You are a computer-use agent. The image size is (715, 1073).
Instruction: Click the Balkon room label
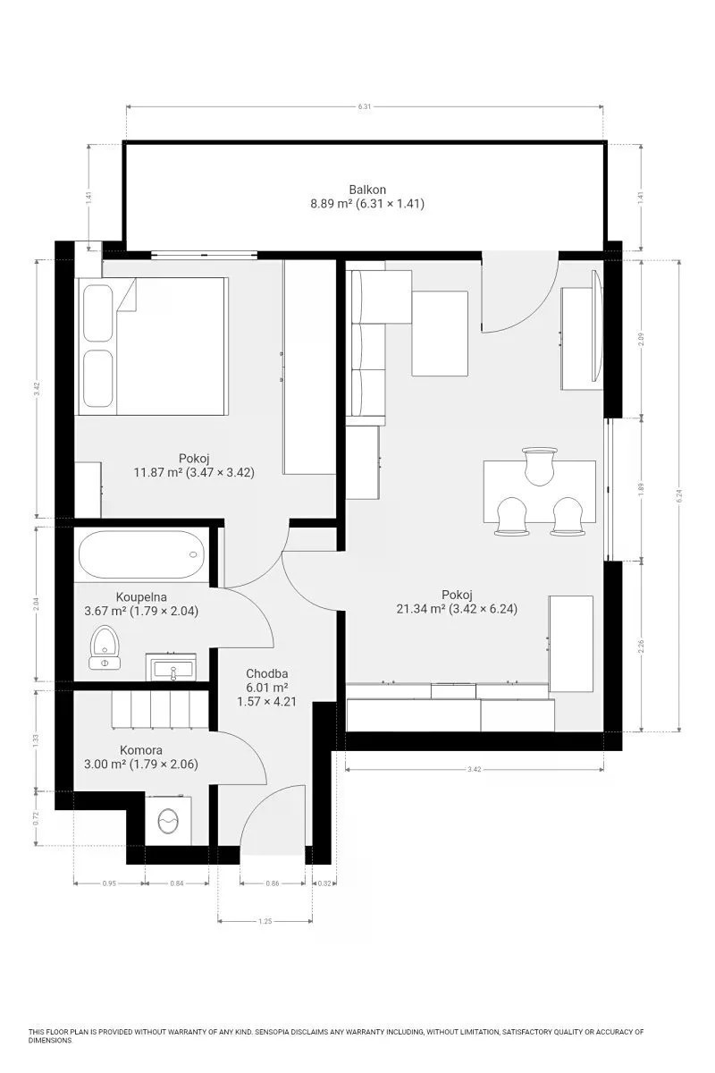367,190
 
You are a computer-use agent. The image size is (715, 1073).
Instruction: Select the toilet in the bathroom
105,647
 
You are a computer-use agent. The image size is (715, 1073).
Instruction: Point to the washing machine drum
168,822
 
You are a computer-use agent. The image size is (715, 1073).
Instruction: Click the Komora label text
141,750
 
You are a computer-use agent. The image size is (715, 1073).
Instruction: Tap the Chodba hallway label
266,673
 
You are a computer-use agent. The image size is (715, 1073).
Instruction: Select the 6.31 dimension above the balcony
365,106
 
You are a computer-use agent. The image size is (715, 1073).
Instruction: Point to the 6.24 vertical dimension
679,495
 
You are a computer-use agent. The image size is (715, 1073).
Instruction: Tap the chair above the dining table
540,466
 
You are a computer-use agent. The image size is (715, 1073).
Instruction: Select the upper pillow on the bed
98,313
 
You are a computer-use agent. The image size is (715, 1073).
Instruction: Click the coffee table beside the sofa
440,334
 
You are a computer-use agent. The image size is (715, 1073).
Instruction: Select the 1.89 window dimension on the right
641,488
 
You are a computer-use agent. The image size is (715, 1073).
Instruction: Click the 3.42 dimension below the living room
474,769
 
